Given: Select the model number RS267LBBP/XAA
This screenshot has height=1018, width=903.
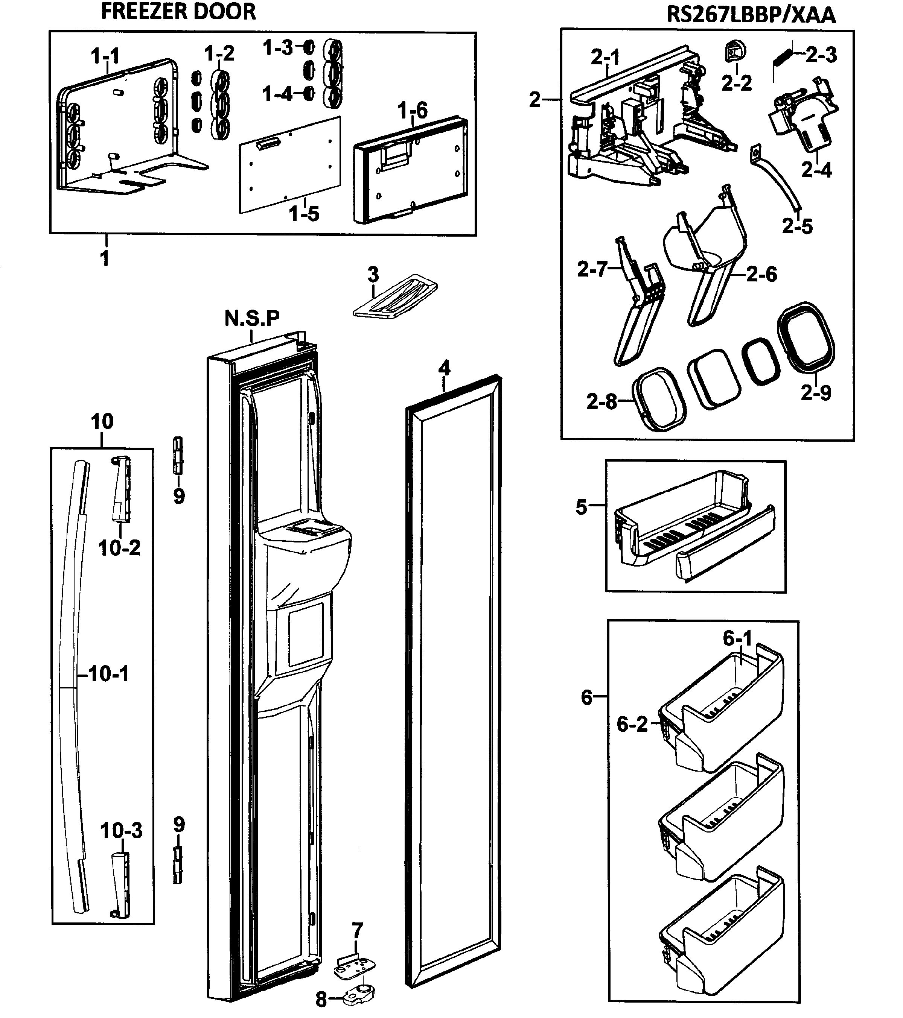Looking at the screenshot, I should coord(751,15).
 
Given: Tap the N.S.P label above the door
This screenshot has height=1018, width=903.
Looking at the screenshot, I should coord(252,318).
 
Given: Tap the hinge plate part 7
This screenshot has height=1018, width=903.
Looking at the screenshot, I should coord(353,969).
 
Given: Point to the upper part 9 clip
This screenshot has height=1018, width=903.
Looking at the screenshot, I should coord(177,455).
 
